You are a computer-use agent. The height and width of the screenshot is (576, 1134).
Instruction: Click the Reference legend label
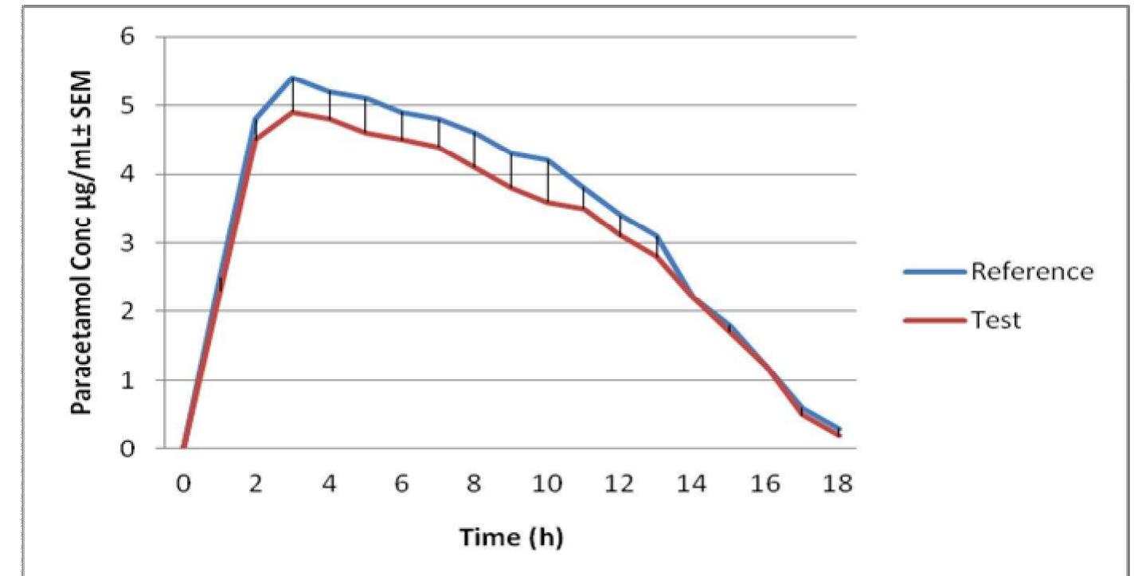1031,272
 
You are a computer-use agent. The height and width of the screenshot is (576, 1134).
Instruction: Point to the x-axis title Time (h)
511,537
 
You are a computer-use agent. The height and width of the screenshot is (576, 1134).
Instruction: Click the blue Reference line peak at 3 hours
292,77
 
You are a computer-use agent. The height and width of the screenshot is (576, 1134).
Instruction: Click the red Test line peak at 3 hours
292,112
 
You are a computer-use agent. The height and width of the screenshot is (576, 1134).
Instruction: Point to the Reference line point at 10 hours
547,160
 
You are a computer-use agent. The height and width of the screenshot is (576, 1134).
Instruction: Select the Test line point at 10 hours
547,202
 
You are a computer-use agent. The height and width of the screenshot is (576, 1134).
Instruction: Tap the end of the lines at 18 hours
839,433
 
